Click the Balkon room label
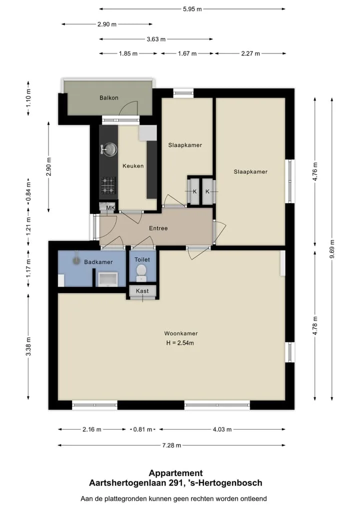click(108, 97)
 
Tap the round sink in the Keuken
click(109, 149)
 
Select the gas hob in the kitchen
click(108, 185)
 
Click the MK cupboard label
click(110, 208)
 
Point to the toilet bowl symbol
click(141, 272)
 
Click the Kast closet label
click(142, 291)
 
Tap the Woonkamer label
click(181, 333)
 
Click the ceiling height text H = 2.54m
click(180, 343)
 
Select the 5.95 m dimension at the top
click(192, 9)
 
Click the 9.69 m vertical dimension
click(332, 249)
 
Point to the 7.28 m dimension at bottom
click(171, 445)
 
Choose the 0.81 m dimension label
click(142, 429)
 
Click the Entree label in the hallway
click(158, 228)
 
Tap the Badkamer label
click(98, 262)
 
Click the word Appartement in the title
click(176, 473)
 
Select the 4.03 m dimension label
click(222, 429)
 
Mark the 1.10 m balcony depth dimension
click(28, 98)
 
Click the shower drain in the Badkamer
click(76, 260)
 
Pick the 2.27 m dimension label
click(250, 53)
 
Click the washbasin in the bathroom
click(108, 279)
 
